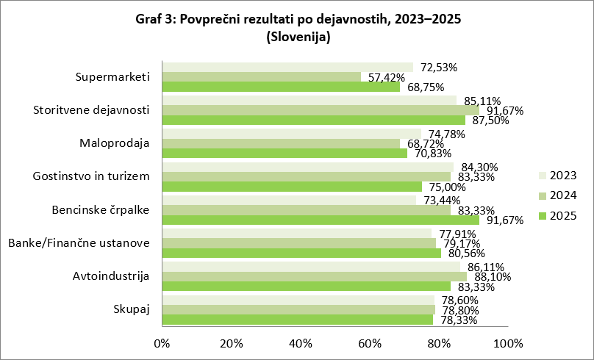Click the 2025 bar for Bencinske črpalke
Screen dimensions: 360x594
point(320,220)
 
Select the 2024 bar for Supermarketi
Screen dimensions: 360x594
point(261,77)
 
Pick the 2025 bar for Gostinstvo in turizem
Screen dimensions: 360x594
point(291,187)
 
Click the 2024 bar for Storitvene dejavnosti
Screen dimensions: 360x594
point(320,110)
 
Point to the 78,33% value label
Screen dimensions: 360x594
point(456,320)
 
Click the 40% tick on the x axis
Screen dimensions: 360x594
point(301,343)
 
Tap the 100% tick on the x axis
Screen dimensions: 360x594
point(507,343)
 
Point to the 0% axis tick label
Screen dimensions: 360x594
point(162,343)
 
